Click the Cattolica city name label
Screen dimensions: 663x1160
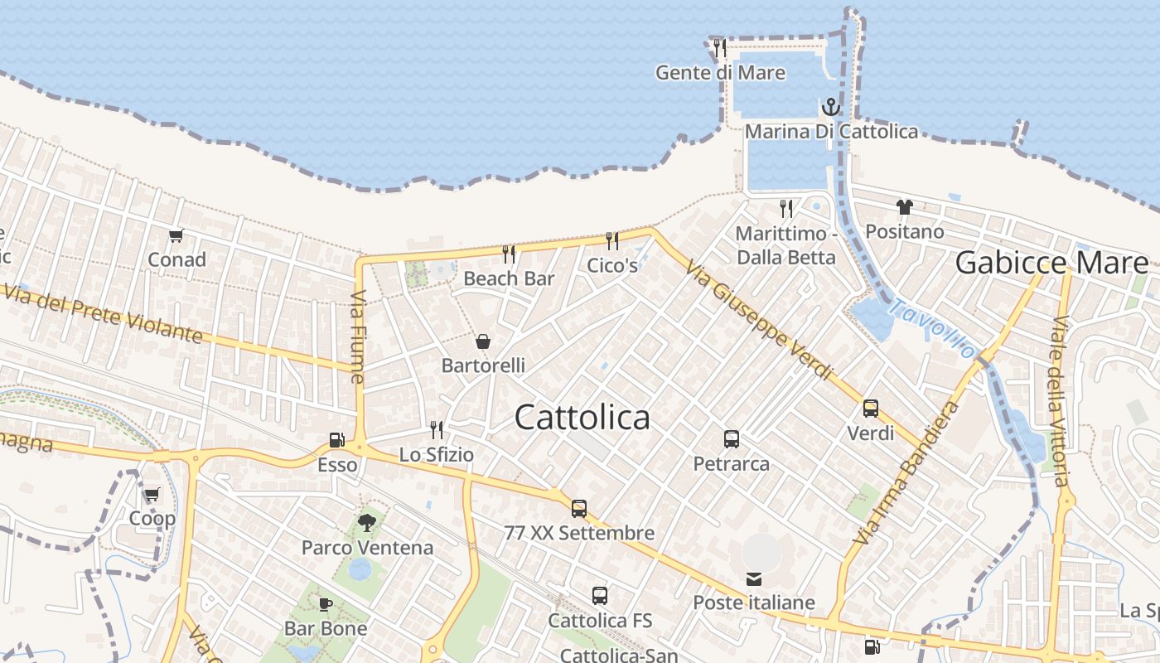click(582, 417)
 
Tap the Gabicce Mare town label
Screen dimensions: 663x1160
click(1051, 263)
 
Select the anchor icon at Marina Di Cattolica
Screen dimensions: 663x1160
click(830, 107)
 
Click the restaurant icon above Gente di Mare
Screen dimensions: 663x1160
click(720, 47)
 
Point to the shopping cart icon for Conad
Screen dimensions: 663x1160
click(176, 236)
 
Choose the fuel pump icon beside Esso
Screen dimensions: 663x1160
click(337, 440)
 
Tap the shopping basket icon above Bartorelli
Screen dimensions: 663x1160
click(483, 341)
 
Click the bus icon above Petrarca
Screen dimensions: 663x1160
click(731, 439)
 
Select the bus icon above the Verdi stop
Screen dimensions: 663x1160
click(871, 409)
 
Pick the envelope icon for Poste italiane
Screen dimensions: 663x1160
click(754, 578)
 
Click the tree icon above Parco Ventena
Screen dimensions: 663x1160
click(367, 523)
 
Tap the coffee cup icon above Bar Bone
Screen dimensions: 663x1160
click(326, 604)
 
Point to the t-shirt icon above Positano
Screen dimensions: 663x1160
click(904, 207)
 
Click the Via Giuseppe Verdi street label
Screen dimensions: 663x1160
click(758, 318)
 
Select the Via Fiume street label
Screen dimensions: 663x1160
click(358, 336)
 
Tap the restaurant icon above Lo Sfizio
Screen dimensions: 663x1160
click(437, 429)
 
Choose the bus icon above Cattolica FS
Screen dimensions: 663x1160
click(600, 595)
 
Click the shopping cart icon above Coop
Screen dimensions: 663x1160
click(152, 495)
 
